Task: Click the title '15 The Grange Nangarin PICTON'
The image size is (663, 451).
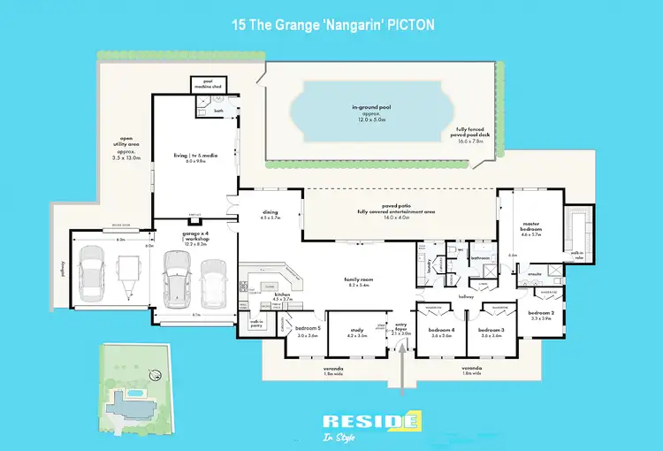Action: pos(331,25)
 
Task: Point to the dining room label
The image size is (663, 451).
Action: pos(271,214)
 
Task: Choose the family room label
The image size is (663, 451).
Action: pos(359,282)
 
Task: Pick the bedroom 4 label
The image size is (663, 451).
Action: pos(441,333)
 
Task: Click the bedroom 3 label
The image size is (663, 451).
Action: pos(492,333)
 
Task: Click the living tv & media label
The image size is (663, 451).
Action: pos(190,157)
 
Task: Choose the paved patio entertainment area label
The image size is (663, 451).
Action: pos(396,210)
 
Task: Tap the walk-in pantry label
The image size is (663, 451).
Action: pos(256,324)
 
